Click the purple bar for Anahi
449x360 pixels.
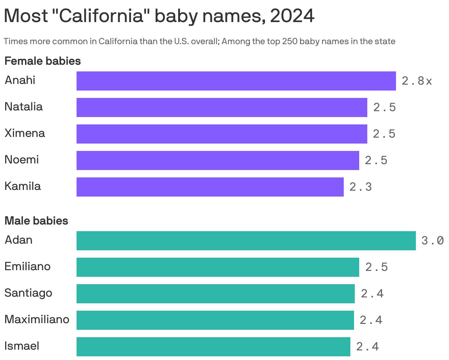[x=236, y=81]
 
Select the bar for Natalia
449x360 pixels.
[x=222, y=107]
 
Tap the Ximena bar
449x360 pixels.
[x=222, y=134]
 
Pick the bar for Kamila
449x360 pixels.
[x=210, y=187]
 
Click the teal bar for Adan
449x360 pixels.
[x=246, y=241]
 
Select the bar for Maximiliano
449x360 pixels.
[x=215, y=320]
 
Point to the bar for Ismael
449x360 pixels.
[x=213, y=347]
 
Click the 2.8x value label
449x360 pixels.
[x=417, y=81]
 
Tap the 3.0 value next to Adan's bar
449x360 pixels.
[x=432, y=241]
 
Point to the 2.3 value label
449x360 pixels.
[x=361, y=187]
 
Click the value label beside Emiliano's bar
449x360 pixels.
[x=376, y=267]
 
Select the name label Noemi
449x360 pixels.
[x=22, y=160]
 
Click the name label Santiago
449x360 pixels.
[x=28, y=293]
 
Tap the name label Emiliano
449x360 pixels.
[x=28, y=267]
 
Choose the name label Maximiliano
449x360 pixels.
[x=37, y=319]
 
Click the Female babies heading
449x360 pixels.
[x=43, y=61]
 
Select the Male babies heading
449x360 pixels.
[x=36, y=221]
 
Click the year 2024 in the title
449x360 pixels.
[x=292, y=16]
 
